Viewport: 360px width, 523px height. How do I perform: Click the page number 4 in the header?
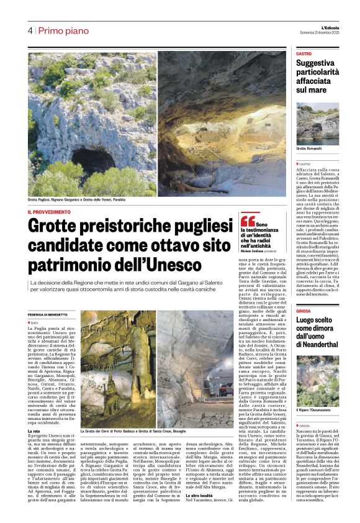(x=30, y=30)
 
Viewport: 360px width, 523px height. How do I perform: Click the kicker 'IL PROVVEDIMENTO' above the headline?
(x=49, y=212)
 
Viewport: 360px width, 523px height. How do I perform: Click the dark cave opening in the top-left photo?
(x=93, y=161)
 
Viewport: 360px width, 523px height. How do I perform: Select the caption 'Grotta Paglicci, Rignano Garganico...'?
(x=88, y=200)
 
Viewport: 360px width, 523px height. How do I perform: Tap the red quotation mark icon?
(x=247, y=219)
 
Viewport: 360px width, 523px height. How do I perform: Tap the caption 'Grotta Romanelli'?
(x=308, y=149)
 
